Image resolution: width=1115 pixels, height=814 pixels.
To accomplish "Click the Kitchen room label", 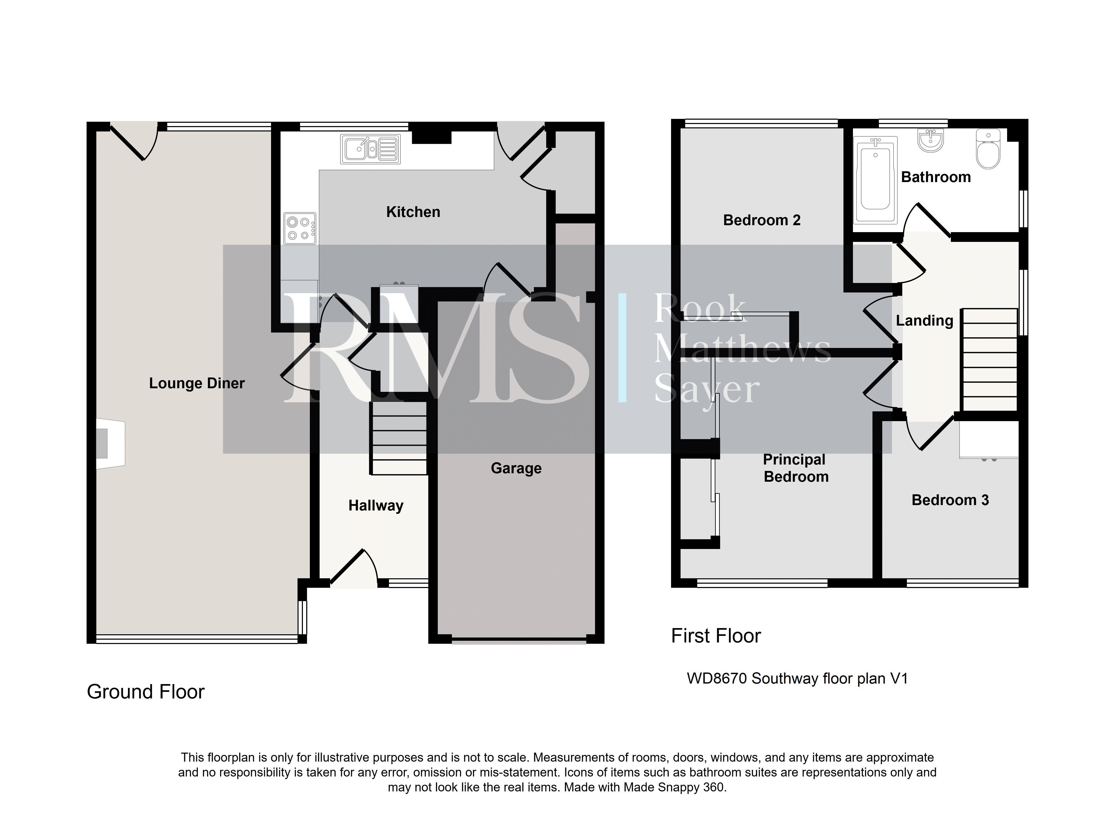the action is coord(413,212).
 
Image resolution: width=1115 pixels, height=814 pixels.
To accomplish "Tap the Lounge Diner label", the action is coord(197,383).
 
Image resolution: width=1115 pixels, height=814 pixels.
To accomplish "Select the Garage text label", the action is coord(516,468).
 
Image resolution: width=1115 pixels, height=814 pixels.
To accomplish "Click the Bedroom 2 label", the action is coord(761,220).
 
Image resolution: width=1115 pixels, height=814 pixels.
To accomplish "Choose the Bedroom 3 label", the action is coord(950,500).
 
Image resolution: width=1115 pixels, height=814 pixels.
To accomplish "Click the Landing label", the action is coord(924,321).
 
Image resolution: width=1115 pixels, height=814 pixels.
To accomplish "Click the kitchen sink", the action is coord(370,149).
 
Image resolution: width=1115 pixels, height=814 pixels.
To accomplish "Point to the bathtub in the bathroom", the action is coord(875,180).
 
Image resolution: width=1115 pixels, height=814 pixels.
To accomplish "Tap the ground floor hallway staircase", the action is coord(398,439).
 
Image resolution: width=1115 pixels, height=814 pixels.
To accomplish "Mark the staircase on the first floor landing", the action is coord(989,360).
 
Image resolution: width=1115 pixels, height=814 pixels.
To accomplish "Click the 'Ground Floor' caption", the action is coord(145,692).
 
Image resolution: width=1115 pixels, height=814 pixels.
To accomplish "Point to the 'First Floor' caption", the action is coord(716,636).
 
